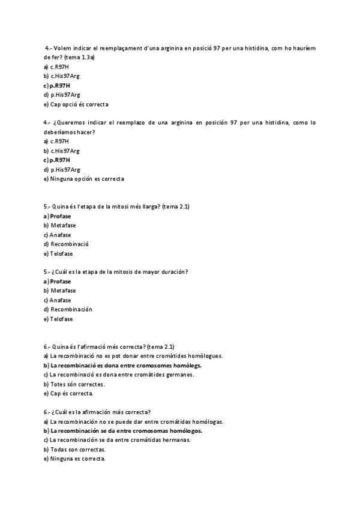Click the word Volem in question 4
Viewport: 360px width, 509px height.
coord(64,47)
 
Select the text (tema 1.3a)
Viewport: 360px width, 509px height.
coord(80,57)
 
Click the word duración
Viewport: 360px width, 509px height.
coord(171,272)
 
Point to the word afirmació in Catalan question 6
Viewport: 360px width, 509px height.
coord(95,346)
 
